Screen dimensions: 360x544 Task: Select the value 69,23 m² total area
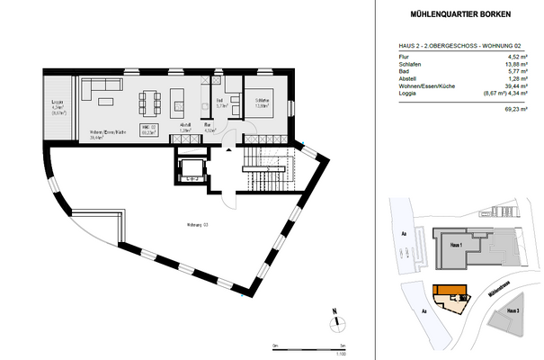(520, 106)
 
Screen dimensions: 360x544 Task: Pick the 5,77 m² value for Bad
(522, 73)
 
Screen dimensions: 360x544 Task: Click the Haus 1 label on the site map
(456, 244)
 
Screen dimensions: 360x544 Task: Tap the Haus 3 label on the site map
(513, 311)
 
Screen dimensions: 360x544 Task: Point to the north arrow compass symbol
(334, 319)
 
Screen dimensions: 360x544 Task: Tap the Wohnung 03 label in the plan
(197, 224)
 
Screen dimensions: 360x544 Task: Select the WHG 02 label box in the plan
(149, 130)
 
